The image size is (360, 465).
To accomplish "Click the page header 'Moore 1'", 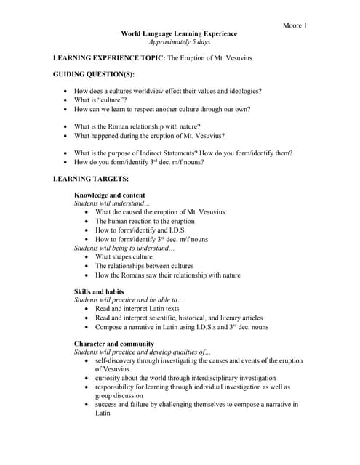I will click(x=294, y=26).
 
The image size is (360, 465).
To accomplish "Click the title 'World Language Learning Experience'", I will click(x=178, y=34).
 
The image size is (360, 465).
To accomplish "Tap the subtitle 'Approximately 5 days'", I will click(x=178, y=43).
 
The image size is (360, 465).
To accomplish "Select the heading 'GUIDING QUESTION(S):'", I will click(x=94, y=74).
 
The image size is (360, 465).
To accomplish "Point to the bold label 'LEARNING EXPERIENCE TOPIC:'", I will click(x=110, y=57).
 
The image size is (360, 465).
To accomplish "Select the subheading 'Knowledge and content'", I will click(x=109, y=195).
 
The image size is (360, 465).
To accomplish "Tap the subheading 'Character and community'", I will click(x=113, y=343).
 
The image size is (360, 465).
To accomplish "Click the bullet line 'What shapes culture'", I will click(x=124, y=257).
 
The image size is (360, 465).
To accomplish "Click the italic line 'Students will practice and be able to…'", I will click(x=129, y=300).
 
